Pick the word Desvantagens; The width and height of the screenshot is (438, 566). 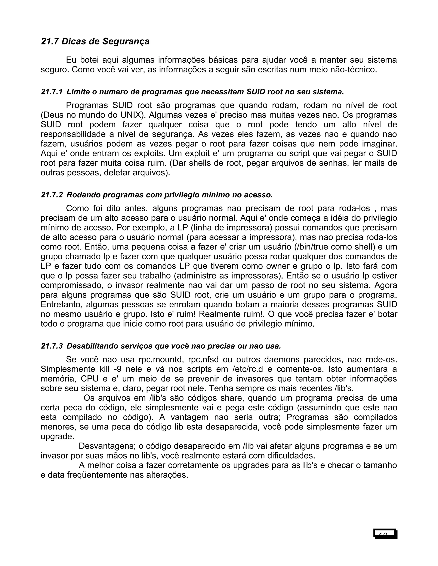[107, 446]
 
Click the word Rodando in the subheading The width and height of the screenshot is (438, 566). [84, 195]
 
